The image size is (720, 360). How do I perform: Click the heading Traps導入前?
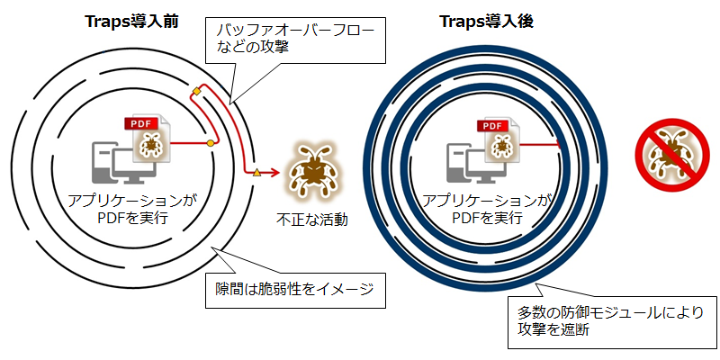[131, 21]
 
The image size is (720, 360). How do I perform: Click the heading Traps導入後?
[487, 21]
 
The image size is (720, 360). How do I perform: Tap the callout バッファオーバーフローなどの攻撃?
[296, 40]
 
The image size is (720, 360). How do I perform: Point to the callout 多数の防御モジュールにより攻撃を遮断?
[611, 321]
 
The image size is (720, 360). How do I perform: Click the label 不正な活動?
[311, 220]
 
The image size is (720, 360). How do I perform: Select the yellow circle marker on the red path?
[211, 144]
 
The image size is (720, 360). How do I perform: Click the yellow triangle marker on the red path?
[256, 173]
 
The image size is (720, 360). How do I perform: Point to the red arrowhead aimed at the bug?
[274, 173]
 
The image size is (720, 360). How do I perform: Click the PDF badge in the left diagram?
[142, 123]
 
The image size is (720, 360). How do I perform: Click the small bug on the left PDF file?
[150, 145]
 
